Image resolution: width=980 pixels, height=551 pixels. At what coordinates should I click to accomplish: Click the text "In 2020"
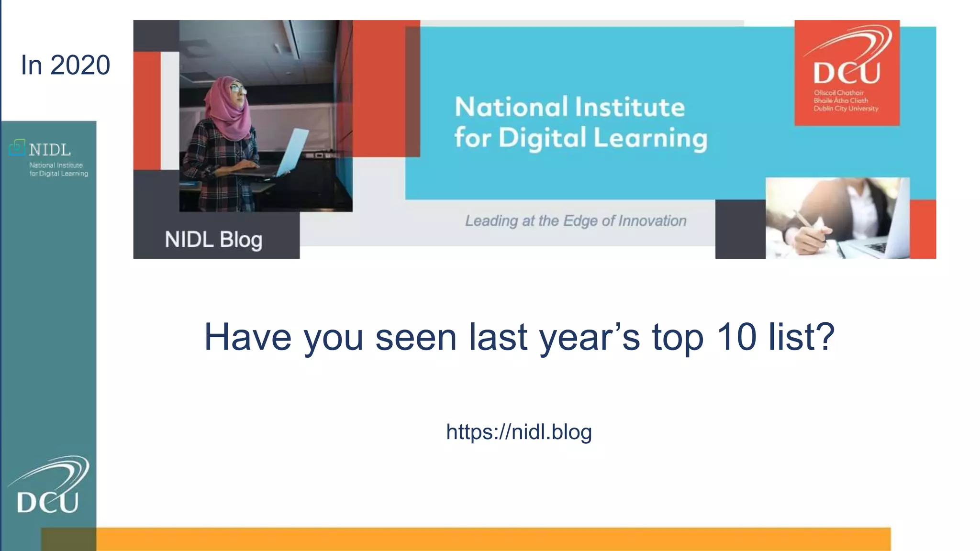tap(66, 65)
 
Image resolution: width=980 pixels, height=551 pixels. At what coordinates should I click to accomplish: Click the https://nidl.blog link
tap(519, 432)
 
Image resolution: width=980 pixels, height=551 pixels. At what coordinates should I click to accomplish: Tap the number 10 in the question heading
tap(736, 337)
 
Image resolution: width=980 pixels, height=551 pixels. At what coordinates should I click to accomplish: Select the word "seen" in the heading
tap(415, 337)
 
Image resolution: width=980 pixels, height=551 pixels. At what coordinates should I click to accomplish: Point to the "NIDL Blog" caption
tap(213, 239)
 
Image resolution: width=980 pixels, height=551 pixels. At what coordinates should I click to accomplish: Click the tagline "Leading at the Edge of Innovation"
tap(576, 220)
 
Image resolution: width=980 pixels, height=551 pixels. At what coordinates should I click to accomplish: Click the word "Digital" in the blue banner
tap(542, 138)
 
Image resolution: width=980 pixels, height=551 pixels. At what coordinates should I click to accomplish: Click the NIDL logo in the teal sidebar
tap(48, 158)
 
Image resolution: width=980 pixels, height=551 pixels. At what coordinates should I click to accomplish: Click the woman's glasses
tap(238, 89)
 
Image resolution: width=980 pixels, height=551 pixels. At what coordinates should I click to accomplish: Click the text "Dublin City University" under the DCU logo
tap(846, 109)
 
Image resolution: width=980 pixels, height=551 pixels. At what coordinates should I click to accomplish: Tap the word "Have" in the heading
tap(247, 337)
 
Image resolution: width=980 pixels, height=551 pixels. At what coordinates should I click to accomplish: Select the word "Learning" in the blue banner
tap(650, 139)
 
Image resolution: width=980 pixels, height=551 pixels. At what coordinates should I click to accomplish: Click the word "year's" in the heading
tap(590, 337)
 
